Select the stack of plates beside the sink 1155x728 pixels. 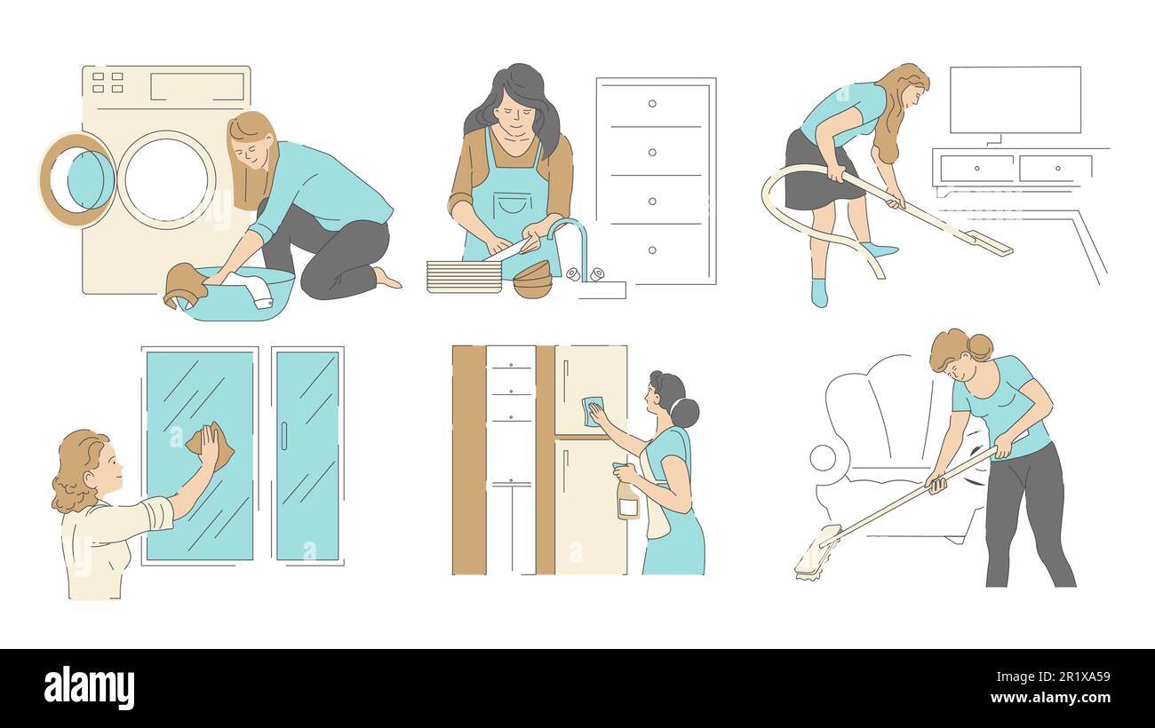[464, 276]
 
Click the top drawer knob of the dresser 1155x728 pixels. [652, 104]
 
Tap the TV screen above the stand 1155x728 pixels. [1015, 99]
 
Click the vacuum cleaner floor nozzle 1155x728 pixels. [987, 242]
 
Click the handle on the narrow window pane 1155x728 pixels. [284, 436]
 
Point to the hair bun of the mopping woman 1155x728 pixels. [979, 346]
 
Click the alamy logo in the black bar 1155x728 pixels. [89, 687]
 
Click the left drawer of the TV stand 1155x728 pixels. [976, 168]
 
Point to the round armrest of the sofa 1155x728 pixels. [824, 458]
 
